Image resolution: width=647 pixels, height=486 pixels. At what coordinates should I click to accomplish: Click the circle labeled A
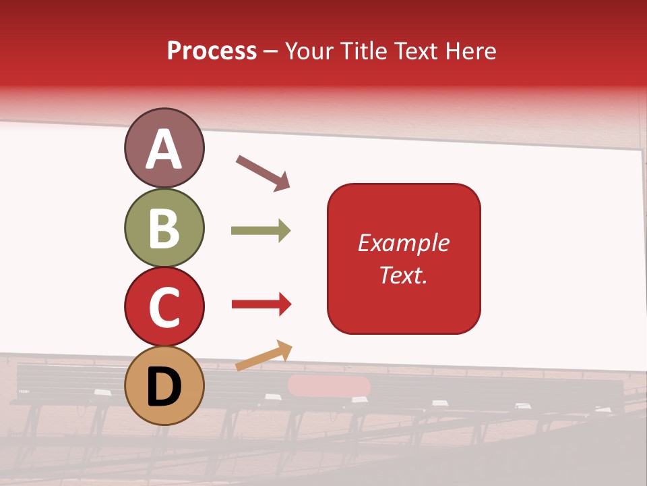click(x=164, y=148)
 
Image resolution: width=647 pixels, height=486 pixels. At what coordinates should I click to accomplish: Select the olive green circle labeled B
click(x=164, y=227)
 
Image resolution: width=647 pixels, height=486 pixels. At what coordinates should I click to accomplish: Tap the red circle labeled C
click(x=164, y=306)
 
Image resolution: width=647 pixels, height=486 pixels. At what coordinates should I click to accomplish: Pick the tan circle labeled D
click(x=164, y=385)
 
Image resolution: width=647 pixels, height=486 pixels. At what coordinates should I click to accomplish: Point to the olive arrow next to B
click(x=260, y=231)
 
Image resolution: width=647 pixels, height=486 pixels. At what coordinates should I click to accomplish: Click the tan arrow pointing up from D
click(x=264, y=356)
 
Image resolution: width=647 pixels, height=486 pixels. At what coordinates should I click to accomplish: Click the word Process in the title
click(x=212, y=51)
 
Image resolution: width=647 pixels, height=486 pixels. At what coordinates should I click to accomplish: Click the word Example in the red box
click(x=403, y=243)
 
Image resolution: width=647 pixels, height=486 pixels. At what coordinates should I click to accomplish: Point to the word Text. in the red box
click(x=403, y=275)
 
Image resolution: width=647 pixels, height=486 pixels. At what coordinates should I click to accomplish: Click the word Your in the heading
click(x=307, y=51)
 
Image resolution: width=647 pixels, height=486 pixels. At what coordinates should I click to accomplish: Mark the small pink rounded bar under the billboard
click(x=329, y=386)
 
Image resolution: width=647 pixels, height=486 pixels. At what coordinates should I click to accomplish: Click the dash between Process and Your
click(x=270, y=51)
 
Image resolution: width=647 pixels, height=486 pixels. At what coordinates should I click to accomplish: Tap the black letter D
click(x=164, y=387)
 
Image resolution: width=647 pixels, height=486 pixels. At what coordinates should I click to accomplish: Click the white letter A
click(x=164, y=149)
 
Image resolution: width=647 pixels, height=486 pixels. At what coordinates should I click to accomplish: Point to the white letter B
click(x=164, y=228)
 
